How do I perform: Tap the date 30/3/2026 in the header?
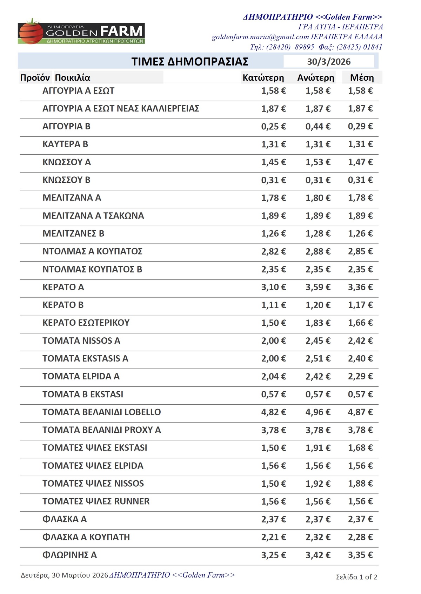click(x=329, y=62)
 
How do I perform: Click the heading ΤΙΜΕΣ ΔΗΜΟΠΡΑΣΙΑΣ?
click(x=190, y=62)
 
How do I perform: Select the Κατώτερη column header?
click(x=263, y=77)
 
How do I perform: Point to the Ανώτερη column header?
click(x=316, y=77)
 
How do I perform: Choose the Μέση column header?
click(x=362, y=77)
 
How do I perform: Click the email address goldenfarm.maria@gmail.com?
click(x=260, y=37)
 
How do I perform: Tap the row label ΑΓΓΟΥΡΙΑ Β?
click(x=66, y=126)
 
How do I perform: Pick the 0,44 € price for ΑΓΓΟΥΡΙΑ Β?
click(x=318, y=126)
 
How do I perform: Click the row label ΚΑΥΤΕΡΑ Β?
click(x=65, y=144)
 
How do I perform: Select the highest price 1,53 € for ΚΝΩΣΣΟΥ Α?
click(x=318, y=162)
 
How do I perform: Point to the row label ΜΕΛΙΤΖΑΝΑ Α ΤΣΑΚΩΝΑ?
click(x=93, y=216)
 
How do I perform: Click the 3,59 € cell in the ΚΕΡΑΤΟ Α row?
click(x=318, y=287)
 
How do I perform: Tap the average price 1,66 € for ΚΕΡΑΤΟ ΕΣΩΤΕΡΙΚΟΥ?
click(x=360, y=323)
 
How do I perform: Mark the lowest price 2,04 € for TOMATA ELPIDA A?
click(x=274, y=376)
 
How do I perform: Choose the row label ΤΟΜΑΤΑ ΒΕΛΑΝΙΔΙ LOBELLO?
click(x=101, y=412)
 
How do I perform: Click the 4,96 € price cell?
click(x=318, y=412)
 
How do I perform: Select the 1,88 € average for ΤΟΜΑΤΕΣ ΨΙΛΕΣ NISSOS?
click(x=360, y=484)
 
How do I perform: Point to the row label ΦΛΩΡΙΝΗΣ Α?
click(x=69, y=555)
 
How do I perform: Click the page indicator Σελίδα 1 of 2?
click(x=356, y=577)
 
